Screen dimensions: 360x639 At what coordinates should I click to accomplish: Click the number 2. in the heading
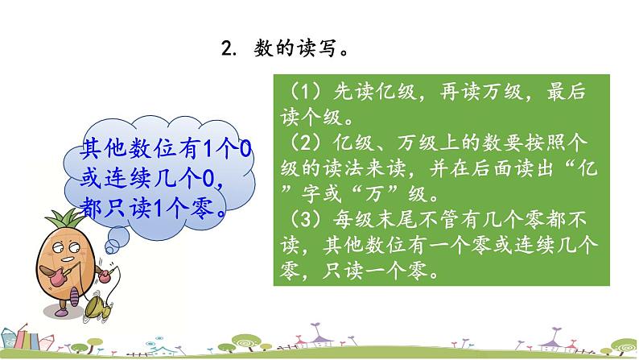tap(227, 49)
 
